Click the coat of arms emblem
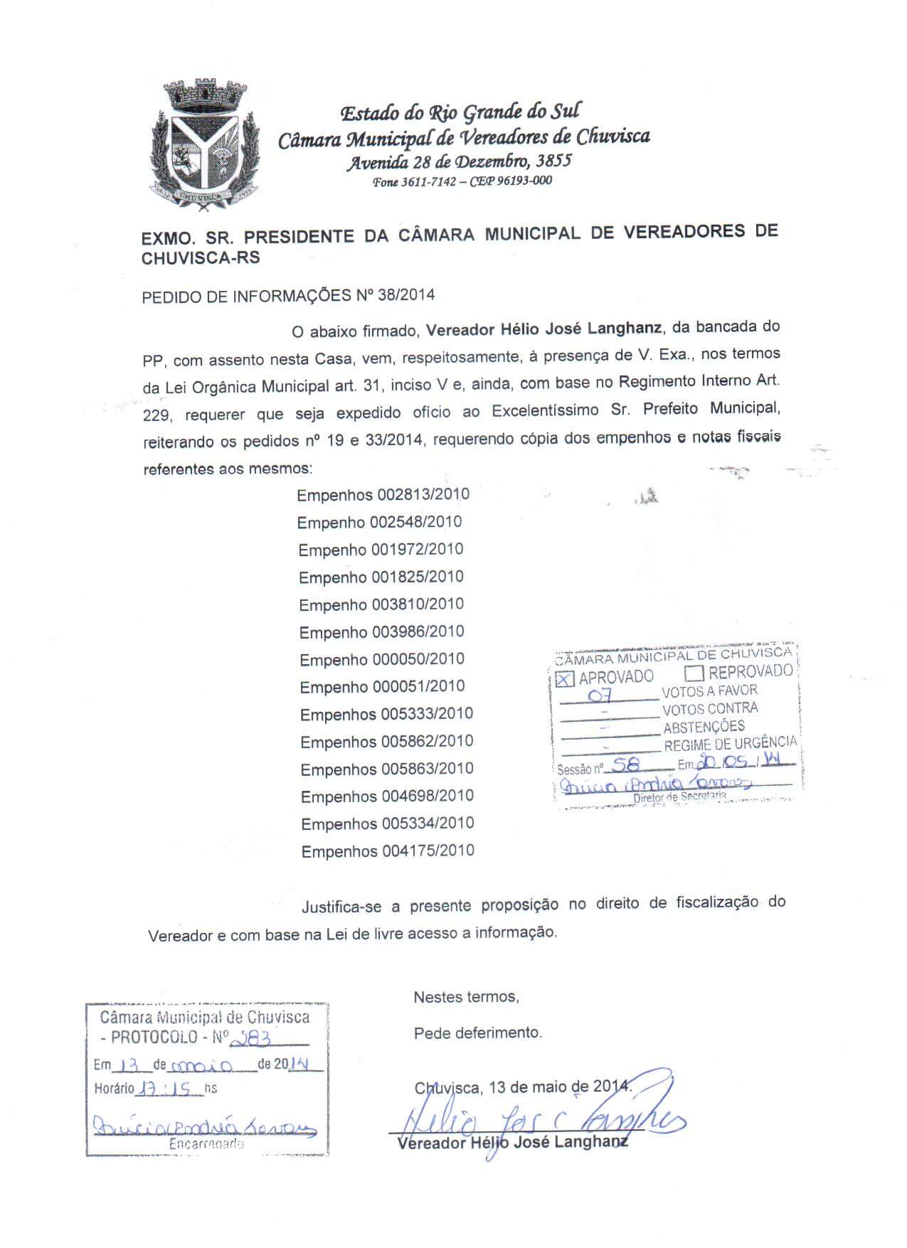point(203,146)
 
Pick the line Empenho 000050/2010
point(381,660)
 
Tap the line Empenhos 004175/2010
point(387,851)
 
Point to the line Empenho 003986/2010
point(381,632)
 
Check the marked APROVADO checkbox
point(565,678)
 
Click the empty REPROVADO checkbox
point(694,673)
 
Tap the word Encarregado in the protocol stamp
point(206,1145)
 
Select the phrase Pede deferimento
point(477,1033)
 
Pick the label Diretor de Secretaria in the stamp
point(679,797)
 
